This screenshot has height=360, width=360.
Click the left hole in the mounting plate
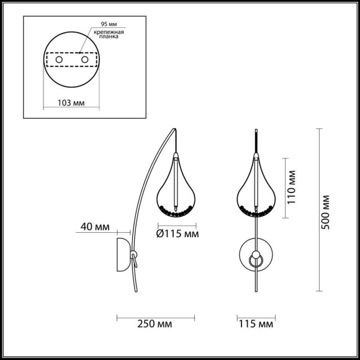click(x=58, y=60)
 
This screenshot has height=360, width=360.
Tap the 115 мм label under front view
click(x=256, y=323)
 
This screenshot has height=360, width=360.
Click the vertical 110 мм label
click(x=292, y=189)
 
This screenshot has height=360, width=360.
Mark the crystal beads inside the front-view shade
click(x=255, y=211)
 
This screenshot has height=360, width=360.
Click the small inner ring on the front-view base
click(x=255, y=258)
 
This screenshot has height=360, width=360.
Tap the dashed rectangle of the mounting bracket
click(x=71, y=60)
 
